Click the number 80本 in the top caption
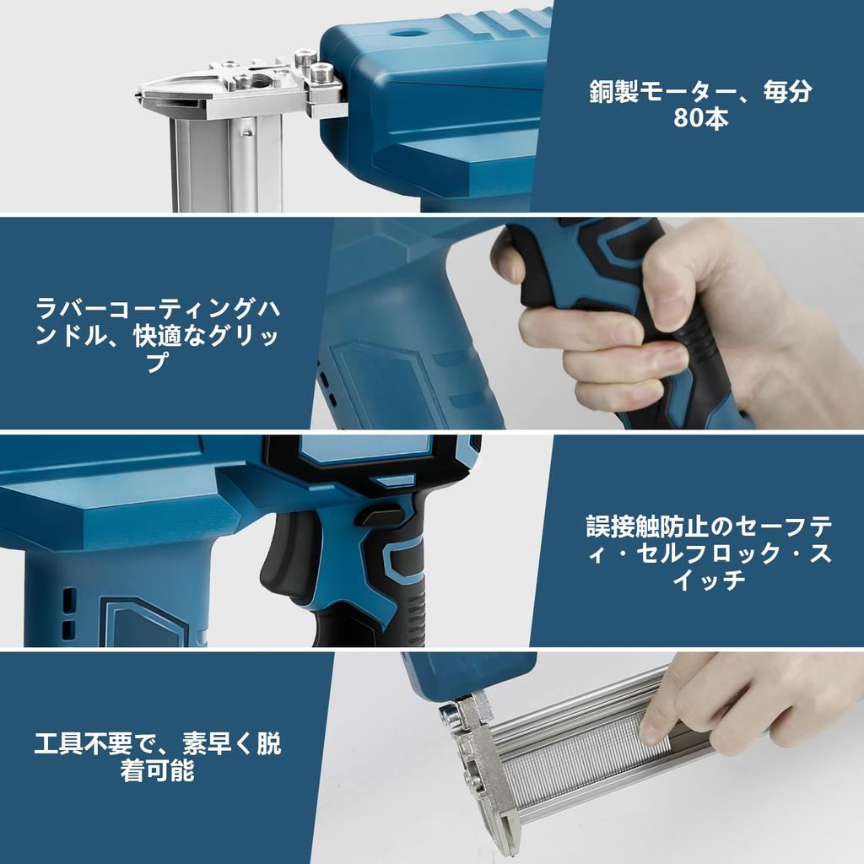pos(700,119)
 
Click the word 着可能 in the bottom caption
pos(158,771)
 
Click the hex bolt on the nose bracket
pos(321,74)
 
